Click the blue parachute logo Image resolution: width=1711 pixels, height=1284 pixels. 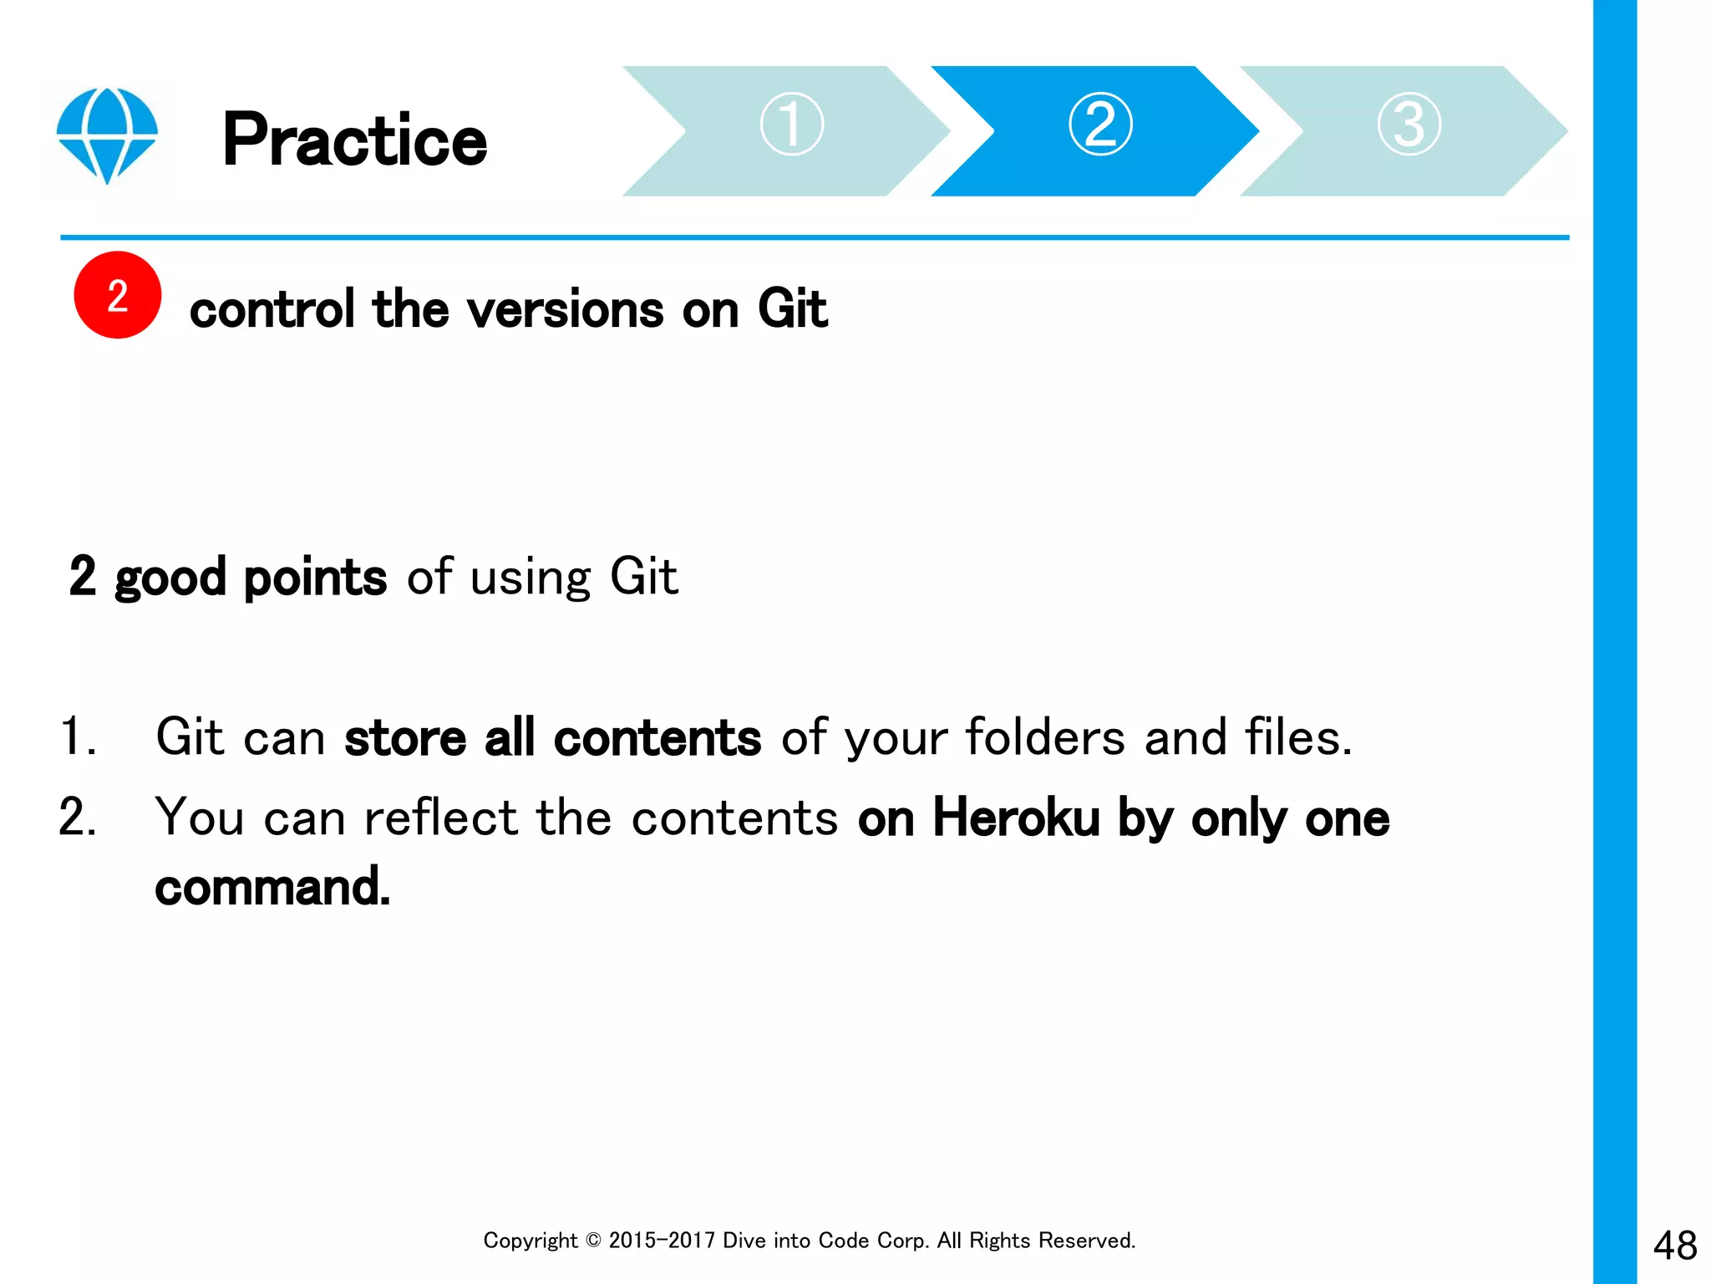107,134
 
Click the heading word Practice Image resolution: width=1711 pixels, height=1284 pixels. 354,140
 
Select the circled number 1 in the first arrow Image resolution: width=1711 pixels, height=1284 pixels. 791,124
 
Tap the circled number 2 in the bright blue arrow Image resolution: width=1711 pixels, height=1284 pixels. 1100,124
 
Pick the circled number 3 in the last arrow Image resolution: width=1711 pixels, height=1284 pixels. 1409,124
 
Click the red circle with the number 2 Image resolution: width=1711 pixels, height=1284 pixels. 117,295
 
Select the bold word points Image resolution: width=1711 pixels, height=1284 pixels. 315,577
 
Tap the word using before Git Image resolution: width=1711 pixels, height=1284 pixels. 531,578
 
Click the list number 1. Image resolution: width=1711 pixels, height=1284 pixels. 78,736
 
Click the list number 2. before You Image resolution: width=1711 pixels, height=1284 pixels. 78,817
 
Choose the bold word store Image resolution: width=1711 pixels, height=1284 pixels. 405,737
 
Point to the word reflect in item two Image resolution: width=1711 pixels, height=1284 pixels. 440,817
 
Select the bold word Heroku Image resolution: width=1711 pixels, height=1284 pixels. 1016,817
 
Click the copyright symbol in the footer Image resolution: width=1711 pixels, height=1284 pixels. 593,1241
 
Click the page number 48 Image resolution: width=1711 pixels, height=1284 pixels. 1674,1246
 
